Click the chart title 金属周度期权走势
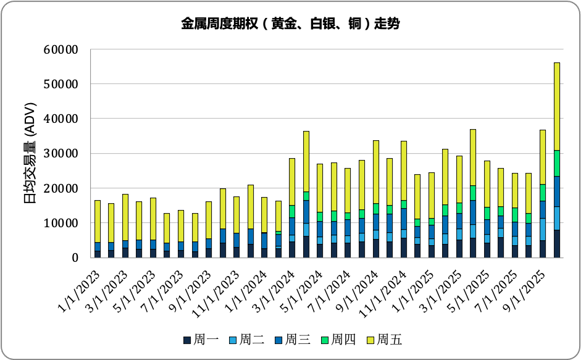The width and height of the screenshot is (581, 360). click(290, 24)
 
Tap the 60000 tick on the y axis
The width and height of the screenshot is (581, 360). click(62, 49)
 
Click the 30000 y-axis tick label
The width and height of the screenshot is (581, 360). click(62, 153)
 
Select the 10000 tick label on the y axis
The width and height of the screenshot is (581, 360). click(62, 223)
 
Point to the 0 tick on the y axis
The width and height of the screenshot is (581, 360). click(73, 257)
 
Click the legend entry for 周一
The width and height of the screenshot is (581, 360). click(198, 340)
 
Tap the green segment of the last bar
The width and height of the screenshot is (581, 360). click(556, 163)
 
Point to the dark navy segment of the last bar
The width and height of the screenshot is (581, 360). click(556, 244)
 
